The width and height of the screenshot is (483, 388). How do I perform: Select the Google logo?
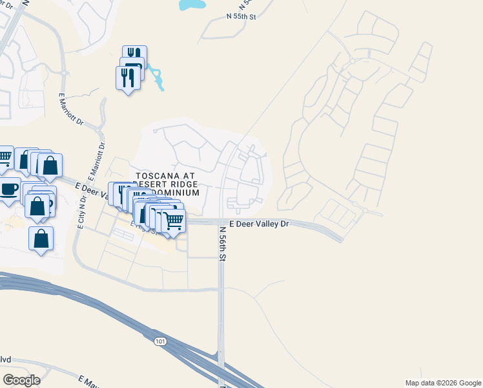[21, 380]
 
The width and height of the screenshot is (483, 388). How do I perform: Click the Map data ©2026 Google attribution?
[442, 383]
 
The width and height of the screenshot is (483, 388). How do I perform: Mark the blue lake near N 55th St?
[192, 5]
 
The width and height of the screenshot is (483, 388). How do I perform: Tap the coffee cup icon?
[8, 189]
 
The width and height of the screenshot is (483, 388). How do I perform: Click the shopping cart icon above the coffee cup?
[5, 156]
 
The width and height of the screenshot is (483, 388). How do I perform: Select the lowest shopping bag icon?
[41, 238]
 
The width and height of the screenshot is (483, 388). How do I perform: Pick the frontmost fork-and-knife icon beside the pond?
[127, 78]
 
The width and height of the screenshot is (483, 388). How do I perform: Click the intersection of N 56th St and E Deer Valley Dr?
[221, 222]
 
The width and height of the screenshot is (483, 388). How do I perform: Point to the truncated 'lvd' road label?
[6, 360]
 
